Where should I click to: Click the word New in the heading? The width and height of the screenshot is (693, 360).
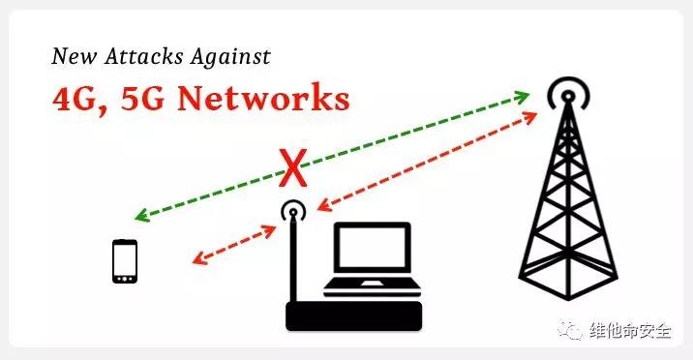point(74,56)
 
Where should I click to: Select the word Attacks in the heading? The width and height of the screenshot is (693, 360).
point(143,56)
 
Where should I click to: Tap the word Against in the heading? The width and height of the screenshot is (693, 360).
point(230,57)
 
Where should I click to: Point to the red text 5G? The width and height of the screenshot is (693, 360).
point(142,98)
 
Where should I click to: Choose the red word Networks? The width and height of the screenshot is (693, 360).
point(264,97)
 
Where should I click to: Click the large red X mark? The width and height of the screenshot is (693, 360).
point(292,168)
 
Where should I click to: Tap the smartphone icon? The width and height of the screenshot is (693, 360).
point(125,261)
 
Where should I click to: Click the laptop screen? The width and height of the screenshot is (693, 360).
point(372,248)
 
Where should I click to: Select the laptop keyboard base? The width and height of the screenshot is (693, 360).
point(372,287)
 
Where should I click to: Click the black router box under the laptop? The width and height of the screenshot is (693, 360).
point(353,316)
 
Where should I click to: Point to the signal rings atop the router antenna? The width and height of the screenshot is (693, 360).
point(293,211)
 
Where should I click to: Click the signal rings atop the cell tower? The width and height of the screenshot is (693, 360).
point(568,93)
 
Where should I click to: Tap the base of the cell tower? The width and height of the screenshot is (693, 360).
point(568,283)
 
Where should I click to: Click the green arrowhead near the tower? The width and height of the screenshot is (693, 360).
point(522,97)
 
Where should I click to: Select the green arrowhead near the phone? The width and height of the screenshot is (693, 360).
point(142,216)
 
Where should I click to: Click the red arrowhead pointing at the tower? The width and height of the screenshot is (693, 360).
point(529,117)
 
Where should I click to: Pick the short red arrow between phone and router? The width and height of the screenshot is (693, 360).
point(234,245)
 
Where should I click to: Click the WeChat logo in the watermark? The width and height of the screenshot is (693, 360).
point(571,330)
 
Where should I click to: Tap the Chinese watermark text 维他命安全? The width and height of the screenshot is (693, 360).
point(630,331)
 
